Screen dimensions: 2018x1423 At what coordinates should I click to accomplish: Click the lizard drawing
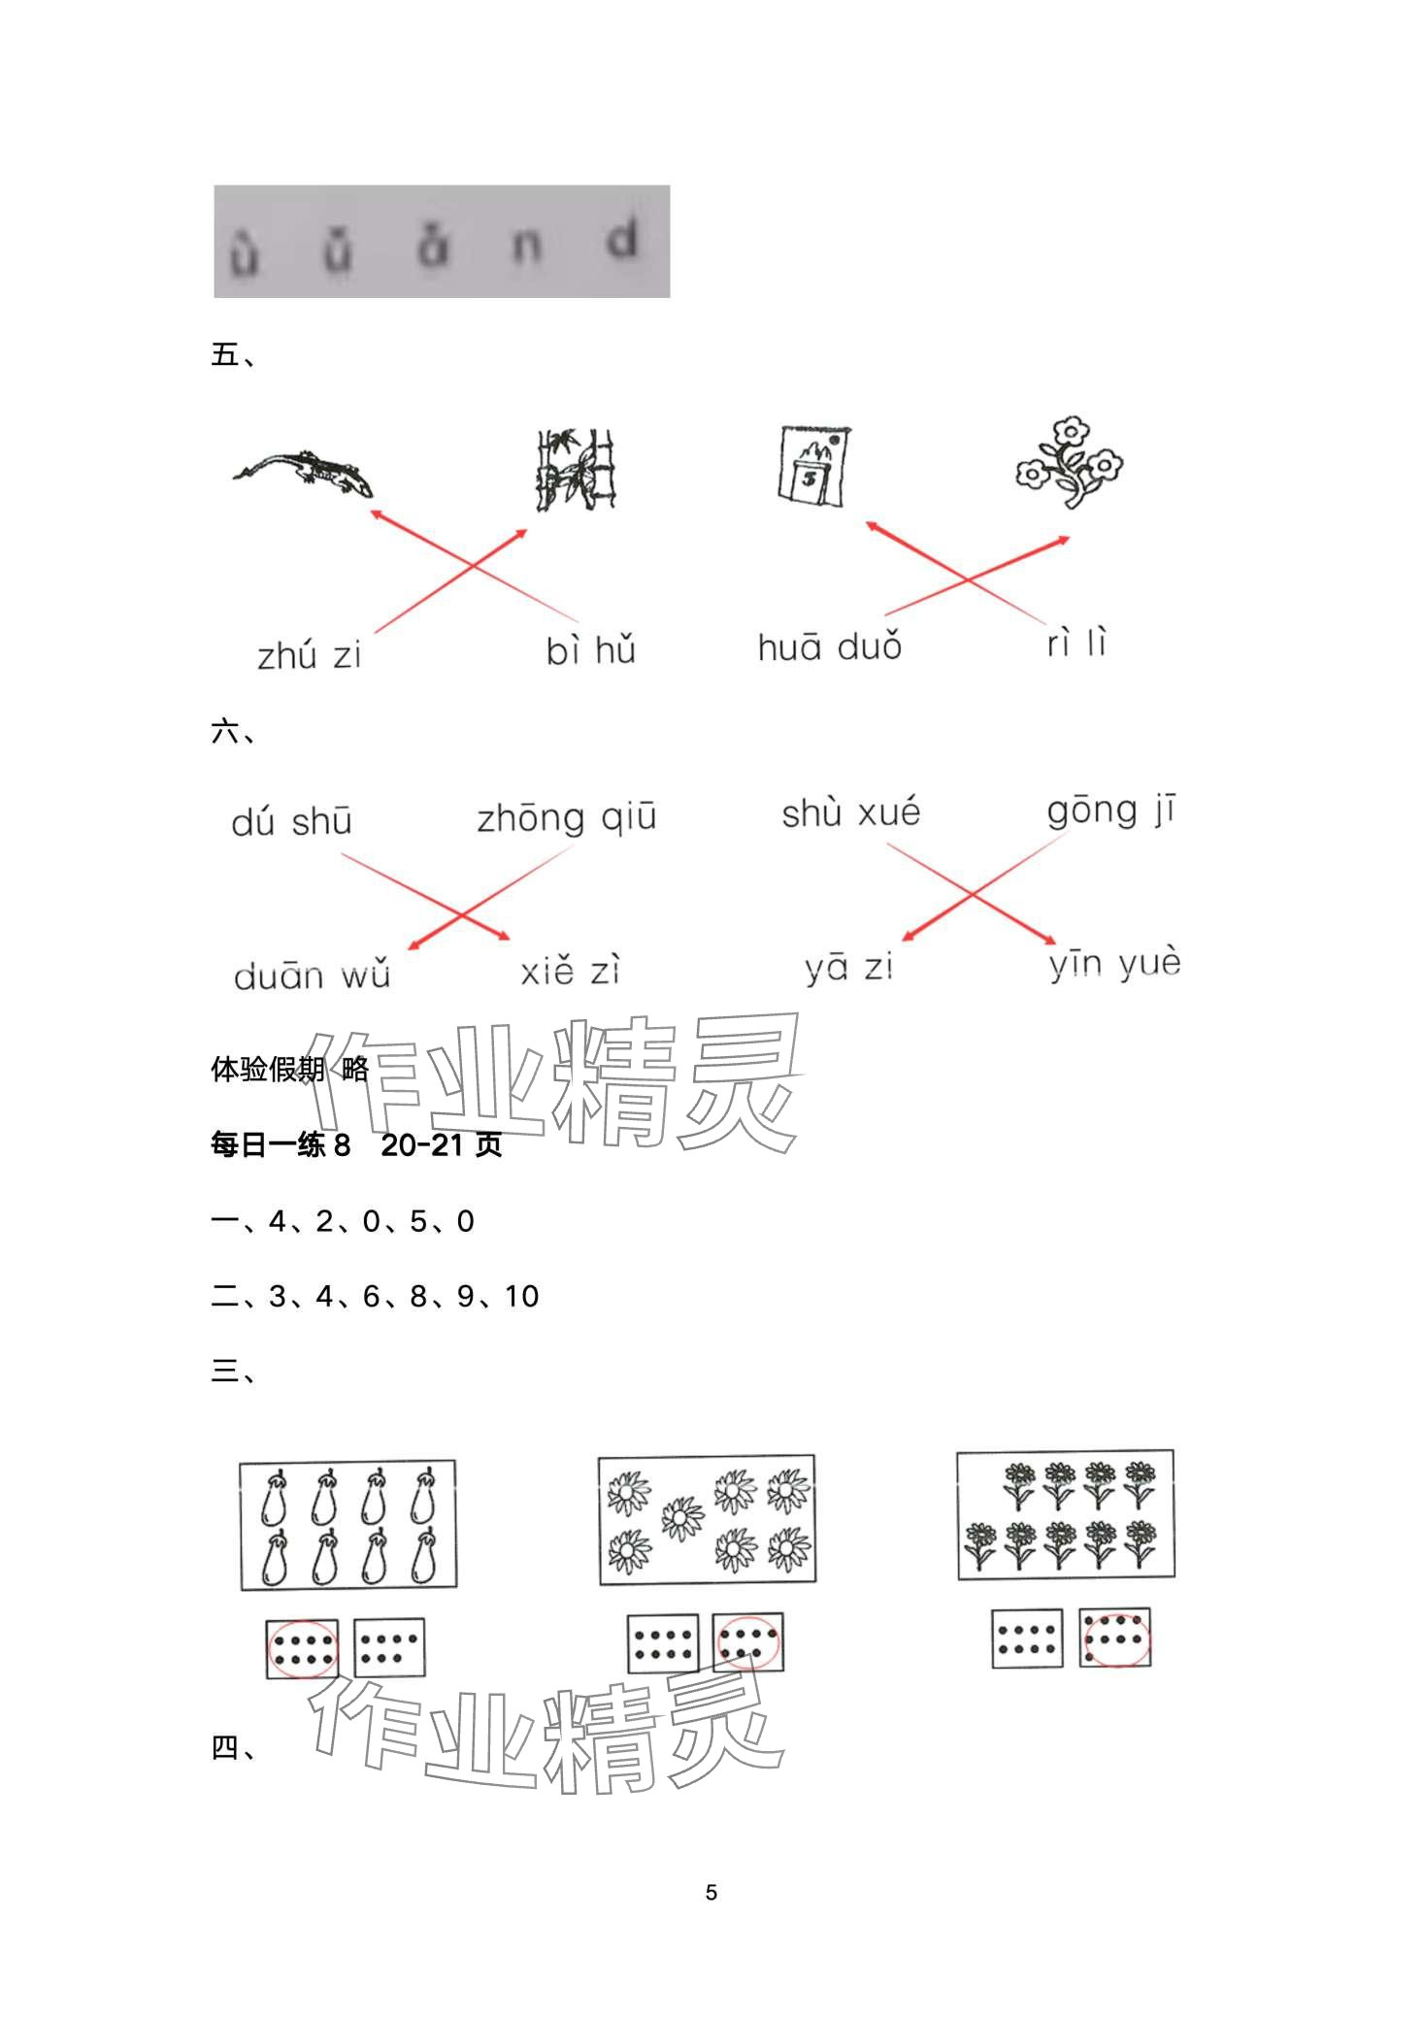click(x=304, y=470)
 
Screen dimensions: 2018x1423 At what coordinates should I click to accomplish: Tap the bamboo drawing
click(x=577, y=470)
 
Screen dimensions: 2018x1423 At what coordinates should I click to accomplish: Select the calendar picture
click(x=813, y=466)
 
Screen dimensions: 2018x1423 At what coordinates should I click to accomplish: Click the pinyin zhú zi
click(x=309, y=656)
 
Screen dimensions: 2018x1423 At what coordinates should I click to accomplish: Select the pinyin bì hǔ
click(x=590, y=649)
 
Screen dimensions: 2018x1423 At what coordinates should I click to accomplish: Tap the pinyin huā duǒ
click(x=830, y=646)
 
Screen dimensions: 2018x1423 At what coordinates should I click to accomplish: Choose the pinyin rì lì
click(x=1076, y=643)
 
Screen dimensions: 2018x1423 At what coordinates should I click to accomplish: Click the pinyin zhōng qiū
click(x=567, y=817)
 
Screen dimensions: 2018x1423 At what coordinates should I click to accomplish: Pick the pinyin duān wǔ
click(x=312, y=975)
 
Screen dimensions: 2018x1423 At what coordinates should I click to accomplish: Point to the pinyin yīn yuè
click(x=1114, y=964)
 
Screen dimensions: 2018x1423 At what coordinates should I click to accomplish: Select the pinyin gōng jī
click(x=1110, y=811)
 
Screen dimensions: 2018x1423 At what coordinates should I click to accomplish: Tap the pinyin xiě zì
click(x=570, y=971)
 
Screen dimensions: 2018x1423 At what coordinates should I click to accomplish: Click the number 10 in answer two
click(x=521, y=1297)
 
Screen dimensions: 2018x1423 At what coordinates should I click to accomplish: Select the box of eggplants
click(x=348, y=1525)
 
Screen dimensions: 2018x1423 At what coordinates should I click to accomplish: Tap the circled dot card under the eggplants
click(x=303, y=1648)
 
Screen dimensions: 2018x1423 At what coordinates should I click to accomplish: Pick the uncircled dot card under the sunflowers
click(x=662, y=1643)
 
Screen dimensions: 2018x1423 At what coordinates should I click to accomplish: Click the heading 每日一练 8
click(x=281, y=1145)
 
